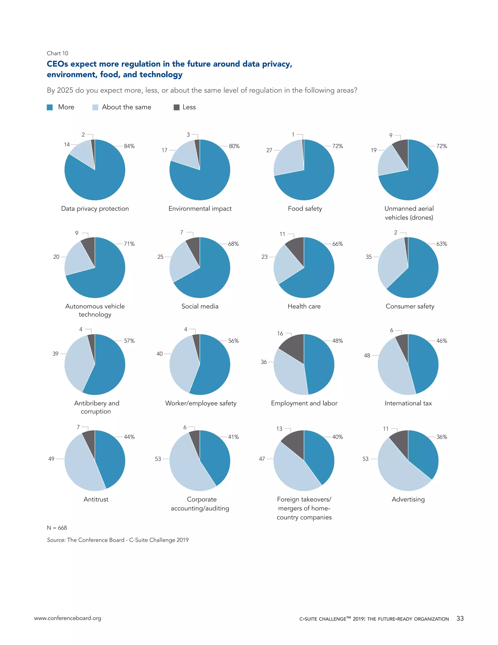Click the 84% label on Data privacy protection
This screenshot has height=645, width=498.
point(129,146)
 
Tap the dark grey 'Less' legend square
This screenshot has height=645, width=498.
point(177,107)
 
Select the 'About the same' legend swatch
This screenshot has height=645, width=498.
point(95,107)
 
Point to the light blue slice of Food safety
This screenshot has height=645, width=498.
point(288,158)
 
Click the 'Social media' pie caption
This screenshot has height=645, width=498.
point(200,306)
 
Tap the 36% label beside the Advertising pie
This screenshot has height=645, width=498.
point(442,437)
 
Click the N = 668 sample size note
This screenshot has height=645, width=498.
point(57,528)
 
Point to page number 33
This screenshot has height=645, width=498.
point(460,618)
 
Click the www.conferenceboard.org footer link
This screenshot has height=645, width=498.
point(68,618)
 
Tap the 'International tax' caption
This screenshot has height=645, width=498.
point(408,403)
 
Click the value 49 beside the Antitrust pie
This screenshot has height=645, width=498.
point(51,459)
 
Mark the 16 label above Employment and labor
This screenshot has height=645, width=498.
point(280,333)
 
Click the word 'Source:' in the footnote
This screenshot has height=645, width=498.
point(56,540)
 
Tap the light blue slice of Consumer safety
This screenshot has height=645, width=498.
point(391,263)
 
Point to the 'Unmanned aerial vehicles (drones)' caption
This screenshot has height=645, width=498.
point(409,213)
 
